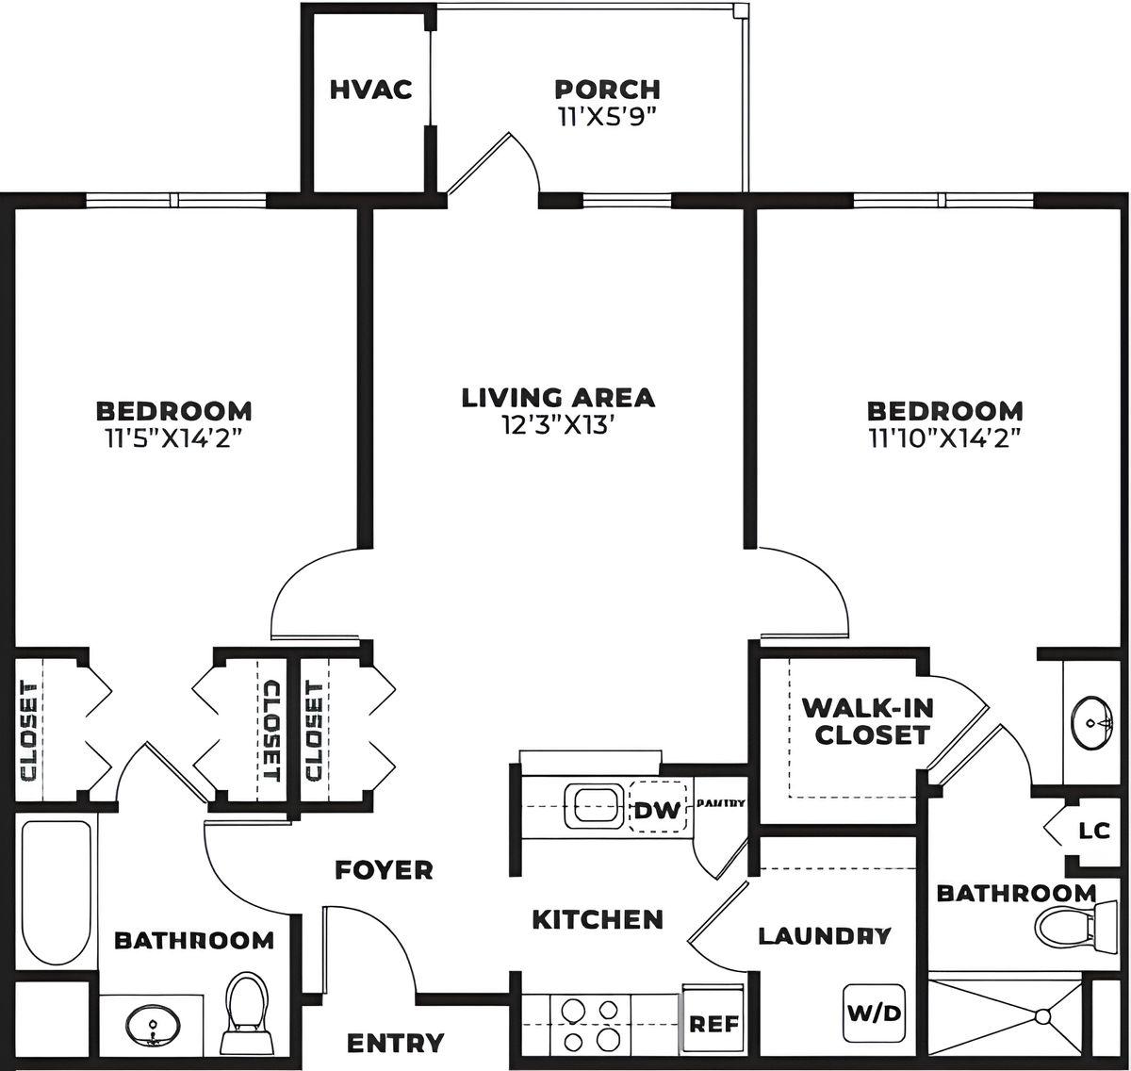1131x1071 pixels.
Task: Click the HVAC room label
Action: pos(370,90)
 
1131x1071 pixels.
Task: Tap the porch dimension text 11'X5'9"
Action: pos(607,117)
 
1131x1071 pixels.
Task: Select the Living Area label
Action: pos(558,398)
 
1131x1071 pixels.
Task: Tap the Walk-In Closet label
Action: pos(866,720)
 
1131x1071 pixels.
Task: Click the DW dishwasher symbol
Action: pos(657,810)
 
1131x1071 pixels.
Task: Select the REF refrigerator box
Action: pos(713,1024)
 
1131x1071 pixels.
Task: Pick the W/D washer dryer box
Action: pos(874,1013)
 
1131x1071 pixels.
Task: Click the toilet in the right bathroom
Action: pos(1065,927)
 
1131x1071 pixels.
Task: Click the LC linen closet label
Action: pos(1094,832)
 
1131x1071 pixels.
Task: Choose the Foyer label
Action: pos(384,869)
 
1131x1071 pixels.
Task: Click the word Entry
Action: pos(395,1043)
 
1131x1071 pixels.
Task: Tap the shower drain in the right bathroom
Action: pos(1042,1017)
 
